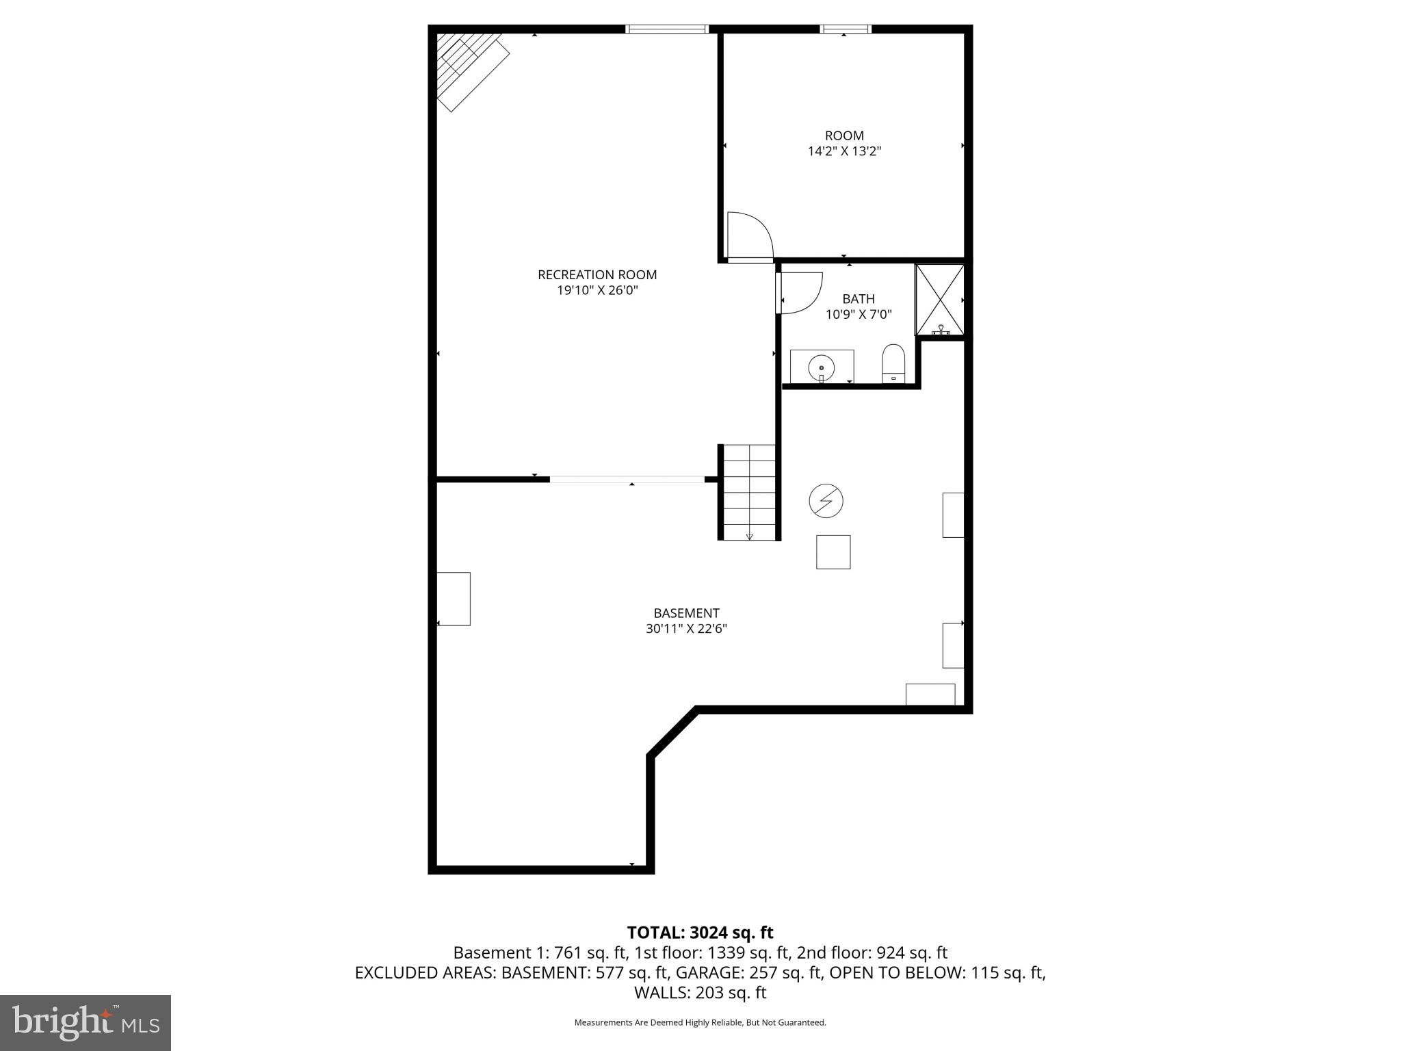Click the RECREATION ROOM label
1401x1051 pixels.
click(x=597, y=274)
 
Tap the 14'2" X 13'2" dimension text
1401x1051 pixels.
click(x=844, y=151)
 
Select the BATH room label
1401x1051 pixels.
click(x=859, y=299)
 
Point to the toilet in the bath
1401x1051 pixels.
click(x=893, y=363)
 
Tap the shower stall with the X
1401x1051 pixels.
click(x=940, y=300)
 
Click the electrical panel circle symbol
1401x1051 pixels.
click(x=826, y=502)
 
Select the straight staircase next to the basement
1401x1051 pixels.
click(x=750, y=492)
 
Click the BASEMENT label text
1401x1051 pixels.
click(x=686, y=613)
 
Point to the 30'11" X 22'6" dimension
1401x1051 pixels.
click(x=686, y=629)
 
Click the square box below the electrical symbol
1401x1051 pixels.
click(x=833, y=552)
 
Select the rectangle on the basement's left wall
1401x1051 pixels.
click(x=454, y=599)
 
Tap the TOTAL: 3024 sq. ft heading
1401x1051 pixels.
click(x=700, y=933)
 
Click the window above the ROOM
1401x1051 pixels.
click(x=846, y=29)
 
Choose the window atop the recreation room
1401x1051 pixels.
click(x=667, y=29)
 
